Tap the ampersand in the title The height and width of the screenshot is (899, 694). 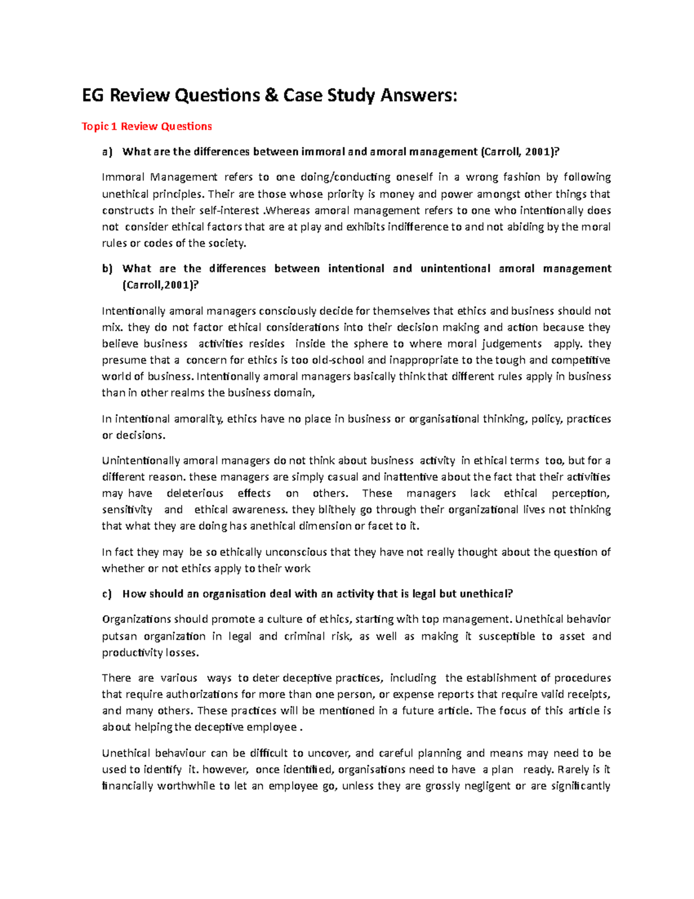coord(269,95)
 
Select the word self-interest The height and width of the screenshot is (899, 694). coord(230,211)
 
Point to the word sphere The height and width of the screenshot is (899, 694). coord(371,344)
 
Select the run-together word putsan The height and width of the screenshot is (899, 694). coord(119,636)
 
